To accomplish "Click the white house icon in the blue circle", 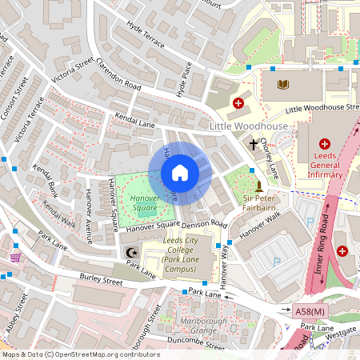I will [180, 174].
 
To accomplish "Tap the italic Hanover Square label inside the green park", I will [145, 203].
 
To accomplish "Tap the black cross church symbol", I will [254, 145].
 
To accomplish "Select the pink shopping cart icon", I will [15, 257].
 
